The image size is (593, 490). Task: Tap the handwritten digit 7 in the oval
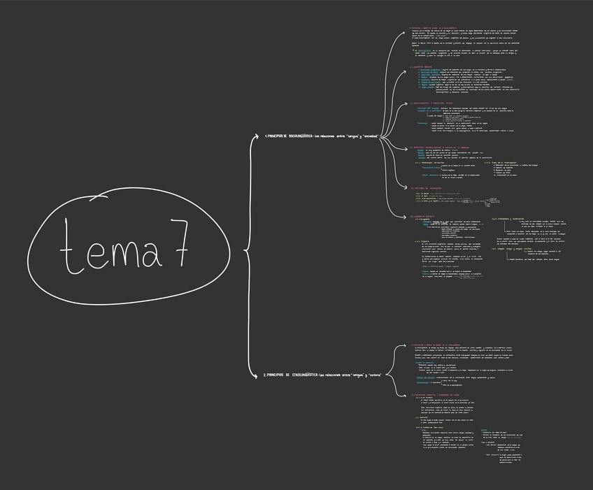tap(178, 243)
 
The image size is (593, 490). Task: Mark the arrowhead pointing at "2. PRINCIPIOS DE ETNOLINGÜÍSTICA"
tap(259, 375)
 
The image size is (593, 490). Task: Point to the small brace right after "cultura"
tap(388, 375)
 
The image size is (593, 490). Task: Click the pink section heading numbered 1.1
tap(434, 29)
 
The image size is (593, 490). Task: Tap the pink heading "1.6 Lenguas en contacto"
tap(425, 217)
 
